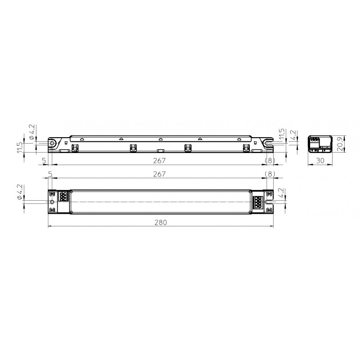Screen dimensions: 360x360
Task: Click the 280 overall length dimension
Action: [x=161, y=222]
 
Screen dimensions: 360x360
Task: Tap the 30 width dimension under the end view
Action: [x=320, y=161]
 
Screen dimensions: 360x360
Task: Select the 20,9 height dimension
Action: [x=341, y=144]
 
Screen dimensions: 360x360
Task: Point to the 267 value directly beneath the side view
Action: [x=159, y=161]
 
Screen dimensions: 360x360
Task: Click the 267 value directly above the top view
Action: [x=159, y=174]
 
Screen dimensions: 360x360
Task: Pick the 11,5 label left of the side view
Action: [x=20, y=148]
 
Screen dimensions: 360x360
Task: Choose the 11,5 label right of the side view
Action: [x=282, y=134]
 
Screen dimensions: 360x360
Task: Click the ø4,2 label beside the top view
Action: [x=20, y=192]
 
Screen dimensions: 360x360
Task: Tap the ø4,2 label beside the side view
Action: [x=31, y=132]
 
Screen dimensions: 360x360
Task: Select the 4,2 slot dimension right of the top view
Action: [x=281, y=193]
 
